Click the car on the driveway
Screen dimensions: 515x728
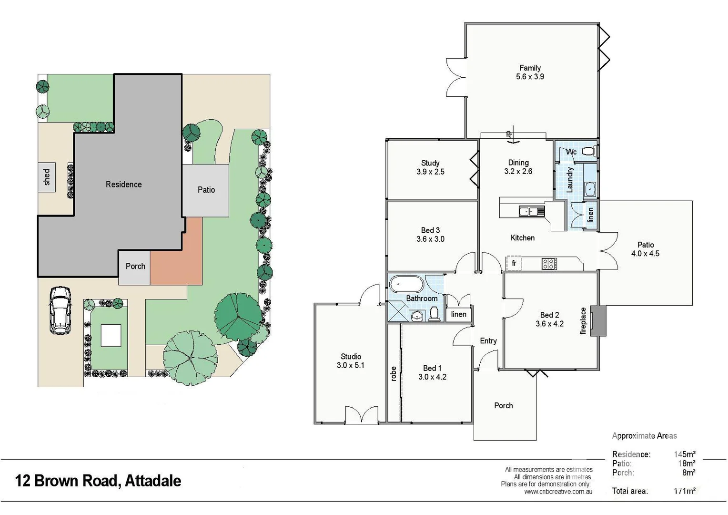pos(60,310)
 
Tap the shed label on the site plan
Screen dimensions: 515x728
pos(47,177)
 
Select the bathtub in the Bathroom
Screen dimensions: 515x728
pos(406,285)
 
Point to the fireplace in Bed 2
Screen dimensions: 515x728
pos(598,320)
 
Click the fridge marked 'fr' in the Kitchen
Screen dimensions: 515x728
pos(514,263)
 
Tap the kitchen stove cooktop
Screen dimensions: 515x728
pos(549,264)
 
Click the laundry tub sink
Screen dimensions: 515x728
pos(590,189)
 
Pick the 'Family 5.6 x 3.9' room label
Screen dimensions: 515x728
pos(530,72)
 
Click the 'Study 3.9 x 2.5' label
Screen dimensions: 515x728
pos(430,167)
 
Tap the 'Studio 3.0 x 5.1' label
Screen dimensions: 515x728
pos(351,361)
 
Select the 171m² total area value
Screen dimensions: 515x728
pos(684,491)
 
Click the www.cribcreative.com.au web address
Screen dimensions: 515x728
pos(558,492)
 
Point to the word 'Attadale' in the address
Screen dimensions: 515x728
pos(153,481)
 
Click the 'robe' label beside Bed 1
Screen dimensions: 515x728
pos(394,374)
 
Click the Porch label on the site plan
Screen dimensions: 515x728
pos(135,266)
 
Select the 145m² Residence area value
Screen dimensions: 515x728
pos(684,454)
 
